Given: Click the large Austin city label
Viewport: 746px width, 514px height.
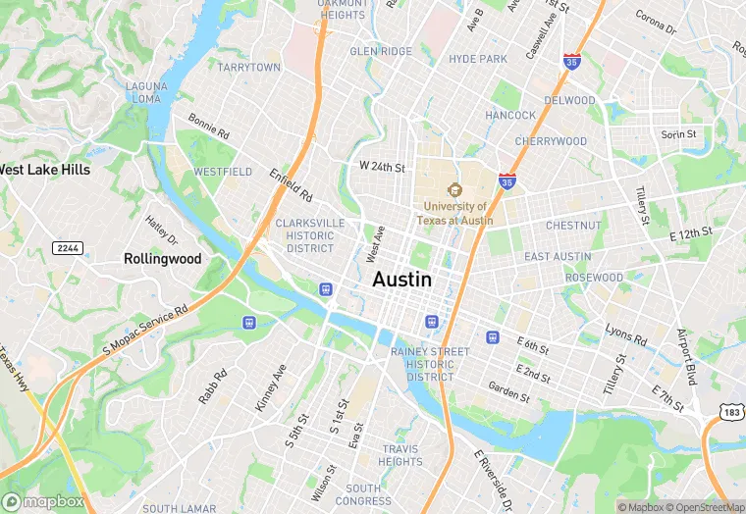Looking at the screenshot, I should (401, 280).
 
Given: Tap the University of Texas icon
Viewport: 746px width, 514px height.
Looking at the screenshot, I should (453, 189).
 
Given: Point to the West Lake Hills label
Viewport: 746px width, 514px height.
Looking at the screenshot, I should (45, 170).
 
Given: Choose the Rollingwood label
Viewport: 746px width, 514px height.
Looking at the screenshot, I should (163, 259).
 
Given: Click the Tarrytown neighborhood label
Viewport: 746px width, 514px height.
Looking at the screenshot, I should (248, 68).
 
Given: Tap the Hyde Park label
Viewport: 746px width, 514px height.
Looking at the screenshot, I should (478, 59).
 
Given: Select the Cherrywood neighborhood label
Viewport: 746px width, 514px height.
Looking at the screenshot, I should (551, 141).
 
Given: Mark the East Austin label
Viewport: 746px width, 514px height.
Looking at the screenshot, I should (558, 257).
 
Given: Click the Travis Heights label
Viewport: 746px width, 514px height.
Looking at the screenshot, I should (400, 455).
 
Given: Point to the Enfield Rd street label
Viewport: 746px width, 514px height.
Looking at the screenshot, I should (291, 184).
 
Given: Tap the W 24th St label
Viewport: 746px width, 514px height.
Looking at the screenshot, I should (383, 167).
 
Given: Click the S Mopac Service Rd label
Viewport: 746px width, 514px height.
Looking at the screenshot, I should (145, 332).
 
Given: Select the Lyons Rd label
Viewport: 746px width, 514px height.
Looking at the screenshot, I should (625, 334).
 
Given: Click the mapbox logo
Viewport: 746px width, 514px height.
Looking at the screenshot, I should (45, 501).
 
